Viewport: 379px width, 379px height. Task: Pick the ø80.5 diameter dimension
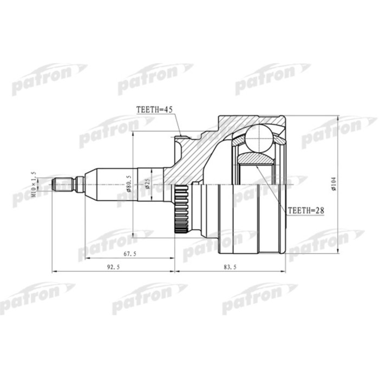pyautogui.click(x=129, y=183)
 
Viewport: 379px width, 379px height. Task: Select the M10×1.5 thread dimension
pyautogui.click(x=34, y=184)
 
